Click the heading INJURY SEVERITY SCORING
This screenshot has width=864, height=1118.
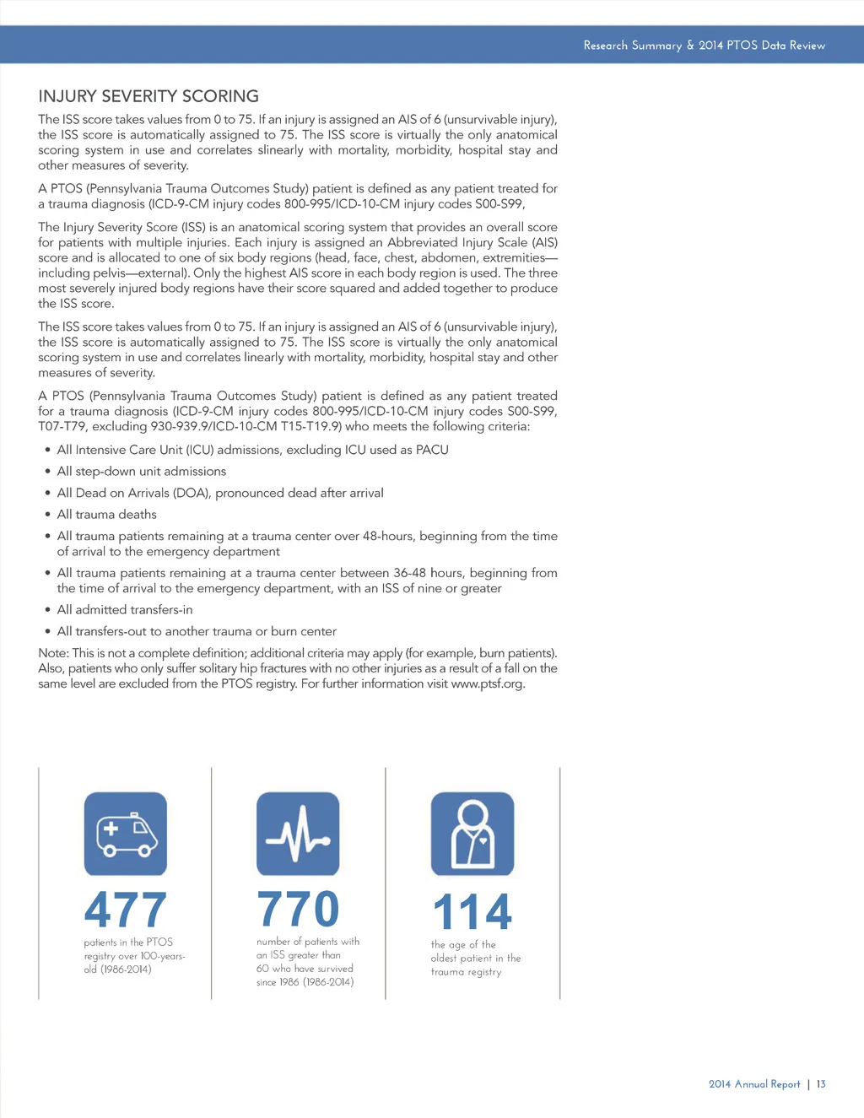(148, 96)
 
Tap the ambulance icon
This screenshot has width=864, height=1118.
(126, 834)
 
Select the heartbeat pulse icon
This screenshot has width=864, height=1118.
(298, 834)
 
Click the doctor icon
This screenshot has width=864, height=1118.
(472, 834)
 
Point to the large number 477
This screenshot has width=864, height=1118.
(126, 910)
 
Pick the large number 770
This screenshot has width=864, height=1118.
(298, 909)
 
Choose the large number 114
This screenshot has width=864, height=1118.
(472, 913)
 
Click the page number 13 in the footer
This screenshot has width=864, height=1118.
(821, 1084)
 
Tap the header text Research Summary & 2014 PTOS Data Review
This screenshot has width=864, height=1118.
(704, 46)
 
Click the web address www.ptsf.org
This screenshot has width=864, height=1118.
(488, 683)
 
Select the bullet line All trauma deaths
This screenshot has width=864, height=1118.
(107, 515)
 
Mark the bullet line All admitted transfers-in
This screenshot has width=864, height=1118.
(125, 610)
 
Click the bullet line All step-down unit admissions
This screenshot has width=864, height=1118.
(142, 472)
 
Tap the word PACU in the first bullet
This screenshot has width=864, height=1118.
(432, 450)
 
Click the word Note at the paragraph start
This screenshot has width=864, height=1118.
(53, 653)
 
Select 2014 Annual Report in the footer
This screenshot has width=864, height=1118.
(754, 1084)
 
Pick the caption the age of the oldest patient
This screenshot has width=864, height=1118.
(475, 959)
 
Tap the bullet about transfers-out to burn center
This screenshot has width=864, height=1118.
(197, 631)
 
